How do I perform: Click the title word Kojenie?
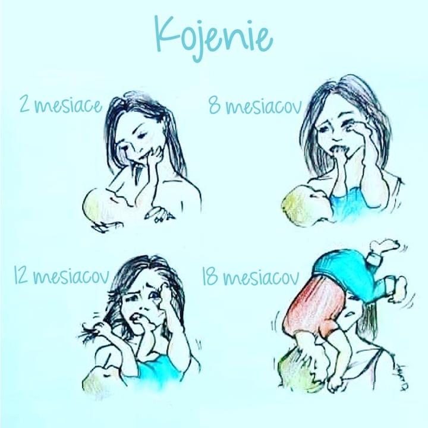click(x=214, y=37)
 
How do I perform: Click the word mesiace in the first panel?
click(x=68, y=105)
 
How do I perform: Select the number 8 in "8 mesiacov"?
click(x=215, y=106)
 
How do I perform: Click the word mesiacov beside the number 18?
click(x=261, y=278)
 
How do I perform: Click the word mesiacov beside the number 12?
click(x=71, y=277)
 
